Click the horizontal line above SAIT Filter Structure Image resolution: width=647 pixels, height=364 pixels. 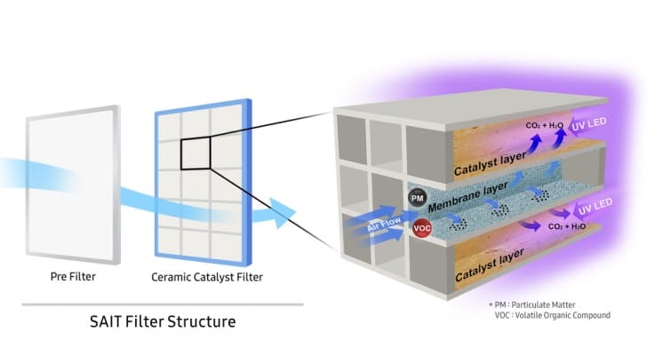161,304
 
